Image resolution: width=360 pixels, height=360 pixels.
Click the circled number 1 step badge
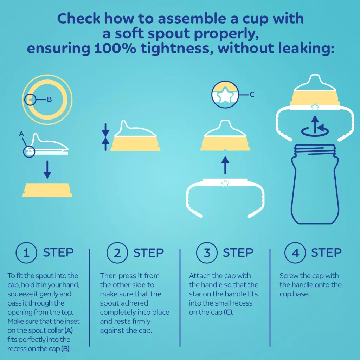click(x=26, y=252)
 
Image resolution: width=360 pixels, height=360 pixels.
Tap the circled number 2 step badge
click(x=117, y=252)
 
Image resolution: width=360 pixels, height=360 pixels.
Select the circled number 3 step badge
click(x=207, y=252)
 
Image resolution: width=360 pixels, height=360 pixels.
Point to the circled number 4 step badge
click(x=295, y=252)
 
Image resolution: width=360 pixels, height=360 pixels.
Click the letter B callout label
click(x=49, y=99)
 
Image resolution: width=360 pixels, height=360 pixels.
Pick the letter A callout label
click(x=21, y=134)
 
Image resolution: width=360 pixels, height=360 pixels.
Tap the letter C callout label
click(x=252, y=95)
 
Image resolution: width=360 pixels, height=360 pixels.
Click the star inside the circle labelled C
click(x=225, y=95)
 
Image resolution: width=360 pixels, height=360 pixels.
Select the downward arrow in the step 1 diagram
click(x=47, y=170)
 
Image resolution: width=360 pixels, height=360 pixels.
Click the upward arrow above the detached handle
click(x=225, y=165)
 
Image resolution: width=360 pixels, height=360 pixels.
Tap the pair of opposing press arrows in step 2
click(x=105, y=137)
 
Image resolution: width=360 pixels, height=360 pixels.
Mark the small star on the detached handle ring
click(x=225, y=184)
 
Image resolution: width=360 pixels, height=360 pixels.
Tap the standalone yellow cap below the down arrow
click(x=47, y=190)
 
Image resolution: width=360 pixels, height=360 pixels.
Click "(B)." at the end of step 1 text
click(x=66, y=349)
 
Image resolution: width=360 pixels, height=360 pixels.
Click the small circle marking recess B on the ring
click(x=30, y=99)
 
